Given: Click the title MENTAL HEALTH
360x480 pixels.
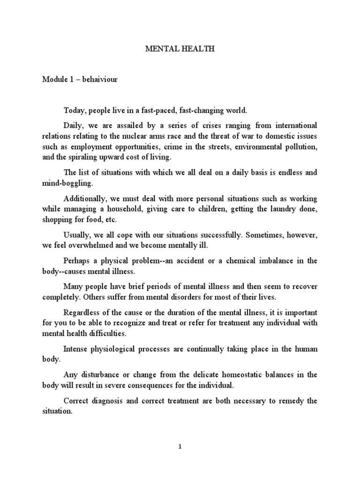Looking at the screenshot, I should pyautogui.click(x=180, y=49).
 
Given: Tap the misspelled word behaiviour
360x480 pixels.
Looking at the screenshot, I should pyautogui.click(x=101, y=80).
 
